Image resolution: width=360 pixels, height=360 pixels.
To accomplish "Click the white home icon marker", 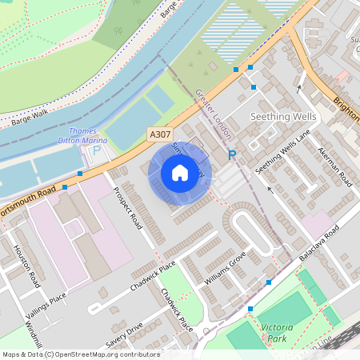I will pyautogui.click(x=180, y=173).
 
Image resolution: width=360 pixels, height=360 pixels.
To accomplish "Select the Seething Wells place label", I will pyautogui.click(x=283, y=117).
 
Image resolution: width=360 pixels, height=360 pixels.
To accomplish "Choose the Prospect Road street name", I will pyautogui.click(x=128, y=207).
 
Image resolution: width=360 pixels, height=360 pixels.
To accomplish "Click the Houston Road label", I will pyautogui.click(x=27, y=266).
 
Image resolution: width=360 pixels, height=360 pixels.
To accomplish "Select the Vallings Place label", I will pyautogui.click(x=46, y=300).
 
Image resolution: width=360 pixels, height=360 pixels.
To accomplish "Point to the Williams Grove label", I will pyautogui.click(x=225, y=269).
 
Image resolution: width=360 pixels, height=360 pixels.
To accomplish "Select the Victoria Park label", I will pyautogui.click(x=275, y=333).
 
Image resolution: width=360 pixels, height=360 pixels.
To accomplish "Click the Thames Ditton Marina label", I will pyautogui.click(x=84, y=135).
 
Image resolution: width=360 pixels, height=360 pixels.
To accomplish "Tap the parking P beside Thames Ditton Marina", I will pyautogui.click(x=98, y=150).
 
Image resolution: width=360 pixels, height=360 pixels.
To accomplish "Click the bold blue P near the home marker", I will pyautogui.click(x=232, y=155).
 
